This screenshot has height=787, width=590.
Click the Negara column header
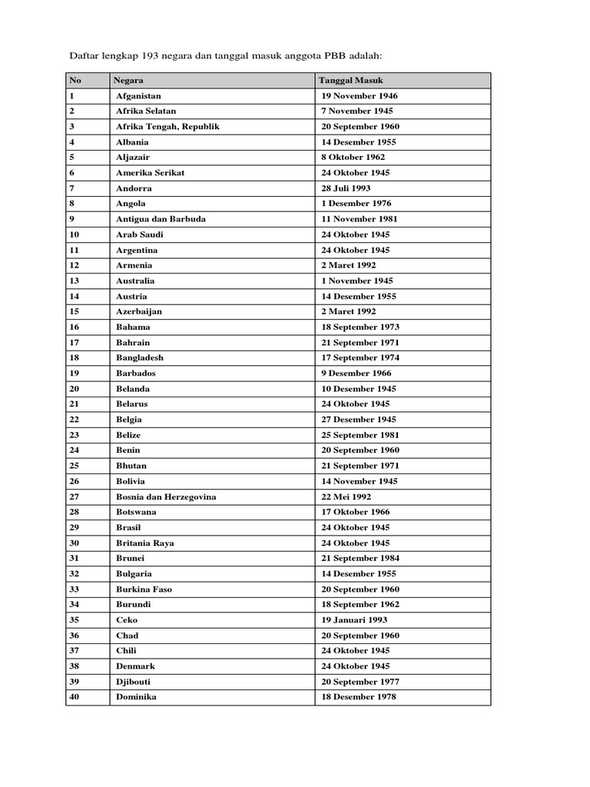coord(128,80)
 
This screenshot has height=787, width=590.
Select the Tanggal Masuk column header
coord(350,80)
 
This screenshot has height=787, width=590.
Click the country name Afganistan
coord(138,96)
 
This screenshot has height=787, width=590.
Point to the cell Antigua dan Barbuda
coord(161,219)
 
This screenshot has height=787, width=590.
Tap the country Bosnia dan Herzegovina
coord(166,496)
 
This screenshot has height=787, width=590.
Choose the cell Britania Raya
coord(144,543)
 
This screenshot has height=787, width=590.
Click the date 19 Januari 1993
coord(355,619)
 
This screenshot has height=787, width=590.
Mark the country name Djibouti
coord(134,682)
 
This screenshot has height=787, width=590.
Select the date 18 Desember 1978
coord(360,697)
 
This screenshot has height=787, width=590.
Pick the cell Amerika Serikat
coord(150,173)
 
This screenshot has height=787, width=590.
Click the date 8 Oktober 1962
coord(353,158)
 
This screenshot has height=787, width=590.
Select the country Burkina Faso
coord(144,589)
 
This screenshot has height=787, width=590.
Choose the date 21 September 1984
coord(360,558)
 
